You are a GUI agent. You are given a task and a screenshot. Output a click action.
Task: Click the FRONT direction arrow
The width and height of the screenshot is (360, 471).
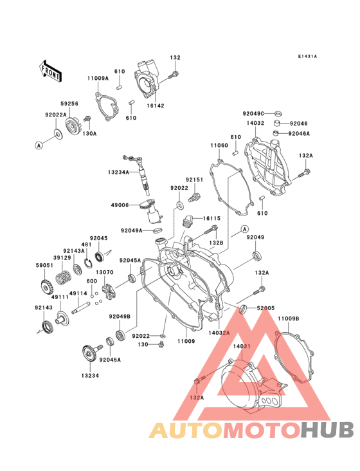(51, 70)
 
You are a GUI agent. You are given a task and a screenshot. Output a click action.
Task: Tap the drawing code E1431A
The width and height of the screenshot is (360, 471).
(307, 57)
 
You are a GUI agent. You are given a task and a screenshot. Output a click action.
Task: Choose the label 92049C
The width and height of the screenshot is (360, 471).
(254, 113)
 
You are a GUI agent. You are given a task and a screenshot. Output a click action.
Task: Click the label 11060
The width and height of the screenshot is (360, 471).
(219, 146)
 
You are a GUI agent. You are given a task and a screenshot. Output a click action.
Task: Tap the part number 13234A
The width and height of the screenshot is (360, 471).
(119, 172)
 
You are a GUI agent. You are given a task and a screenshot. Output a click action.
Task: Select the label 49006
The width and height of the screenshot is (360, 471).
(121, 205)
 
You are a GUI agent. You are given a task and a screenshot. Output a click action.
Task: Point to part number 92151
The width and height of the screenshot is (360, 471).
(195, 180)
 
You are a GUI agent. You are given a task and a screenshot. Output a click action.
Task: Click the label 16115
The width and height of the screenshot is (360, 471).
(212, 219)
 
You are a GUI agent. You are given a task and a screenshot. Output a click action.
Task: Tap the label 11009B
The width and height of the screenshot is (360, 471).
(289, 319)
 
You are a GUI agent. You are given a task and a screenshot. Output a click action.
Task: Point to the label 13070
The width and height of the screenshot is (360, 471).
(105, 272)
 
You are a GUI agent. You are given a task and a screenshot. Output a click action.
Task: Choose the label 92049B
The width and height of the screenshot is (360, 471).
(120, 316)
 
